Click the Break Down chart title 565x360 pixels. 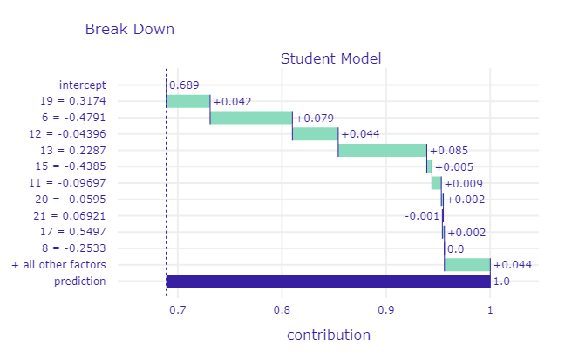pyautogui.click(x=130, y=29)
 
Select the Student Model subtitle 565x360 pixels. pyautogui.click(x=330, y=59)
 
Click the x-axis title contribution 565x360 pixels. pyautogui.click(x=328, y=336)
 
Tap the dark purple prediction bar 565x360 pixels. pyautogui.click(x=328, y=282)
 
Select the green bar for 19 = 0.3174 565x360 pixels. pyautogui.click(x=188, y=101)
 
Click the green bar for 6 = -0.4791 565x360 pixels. pyautogui.click(x=251, y=118)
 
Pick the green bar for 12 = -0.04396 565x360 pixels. pyautogui.click(x=315, y=134)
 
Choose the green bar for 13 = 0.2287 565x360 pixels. pyautogui.click(x=382, y=151)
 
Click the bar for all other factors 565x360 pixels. pyautogui.click(x=466, y=265)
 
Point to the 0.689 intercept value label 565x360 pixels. pyautogui.click(x=183, y=85)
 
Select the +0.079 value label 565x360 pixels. pyautogui.click(x=315, y=118)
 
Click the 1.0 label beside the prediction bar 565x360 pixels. pyautogui.click(x=501, y=282)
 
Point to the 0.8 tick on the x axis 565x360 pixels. pyautogui.click(x=282, y=310)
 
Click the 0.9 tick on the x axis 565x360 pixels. pyautogui.click(x=385, y=310)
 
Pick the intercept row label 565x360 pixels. pyautogui.click(x=83, y=85)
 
